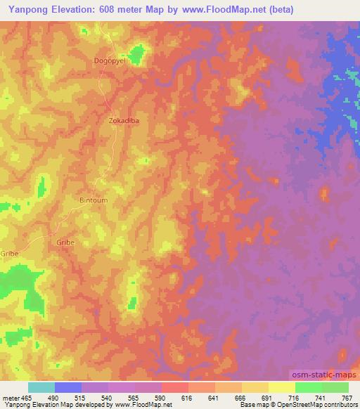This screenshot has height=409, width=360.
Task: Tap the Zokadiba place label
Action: pos(124,120)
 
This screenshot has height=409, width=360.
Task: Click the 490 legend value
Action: pos(55,398)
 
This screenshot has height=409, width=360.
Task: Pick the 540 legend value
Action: pos(108,398)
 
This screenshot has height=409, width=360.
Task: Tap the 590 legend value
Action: pos(162,398)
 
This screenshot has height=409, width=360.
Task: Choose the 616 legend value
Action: pos(188,398)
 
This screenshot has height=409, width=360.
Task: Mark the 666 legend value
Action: pos(241,398)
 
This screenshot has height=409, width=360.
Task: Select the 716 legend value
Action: pos(294,398)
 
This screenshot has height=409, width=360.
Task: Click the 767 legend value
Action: pos(347,398)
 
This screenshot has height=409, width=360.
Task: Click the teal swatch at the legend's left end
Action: pos(41,387)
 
